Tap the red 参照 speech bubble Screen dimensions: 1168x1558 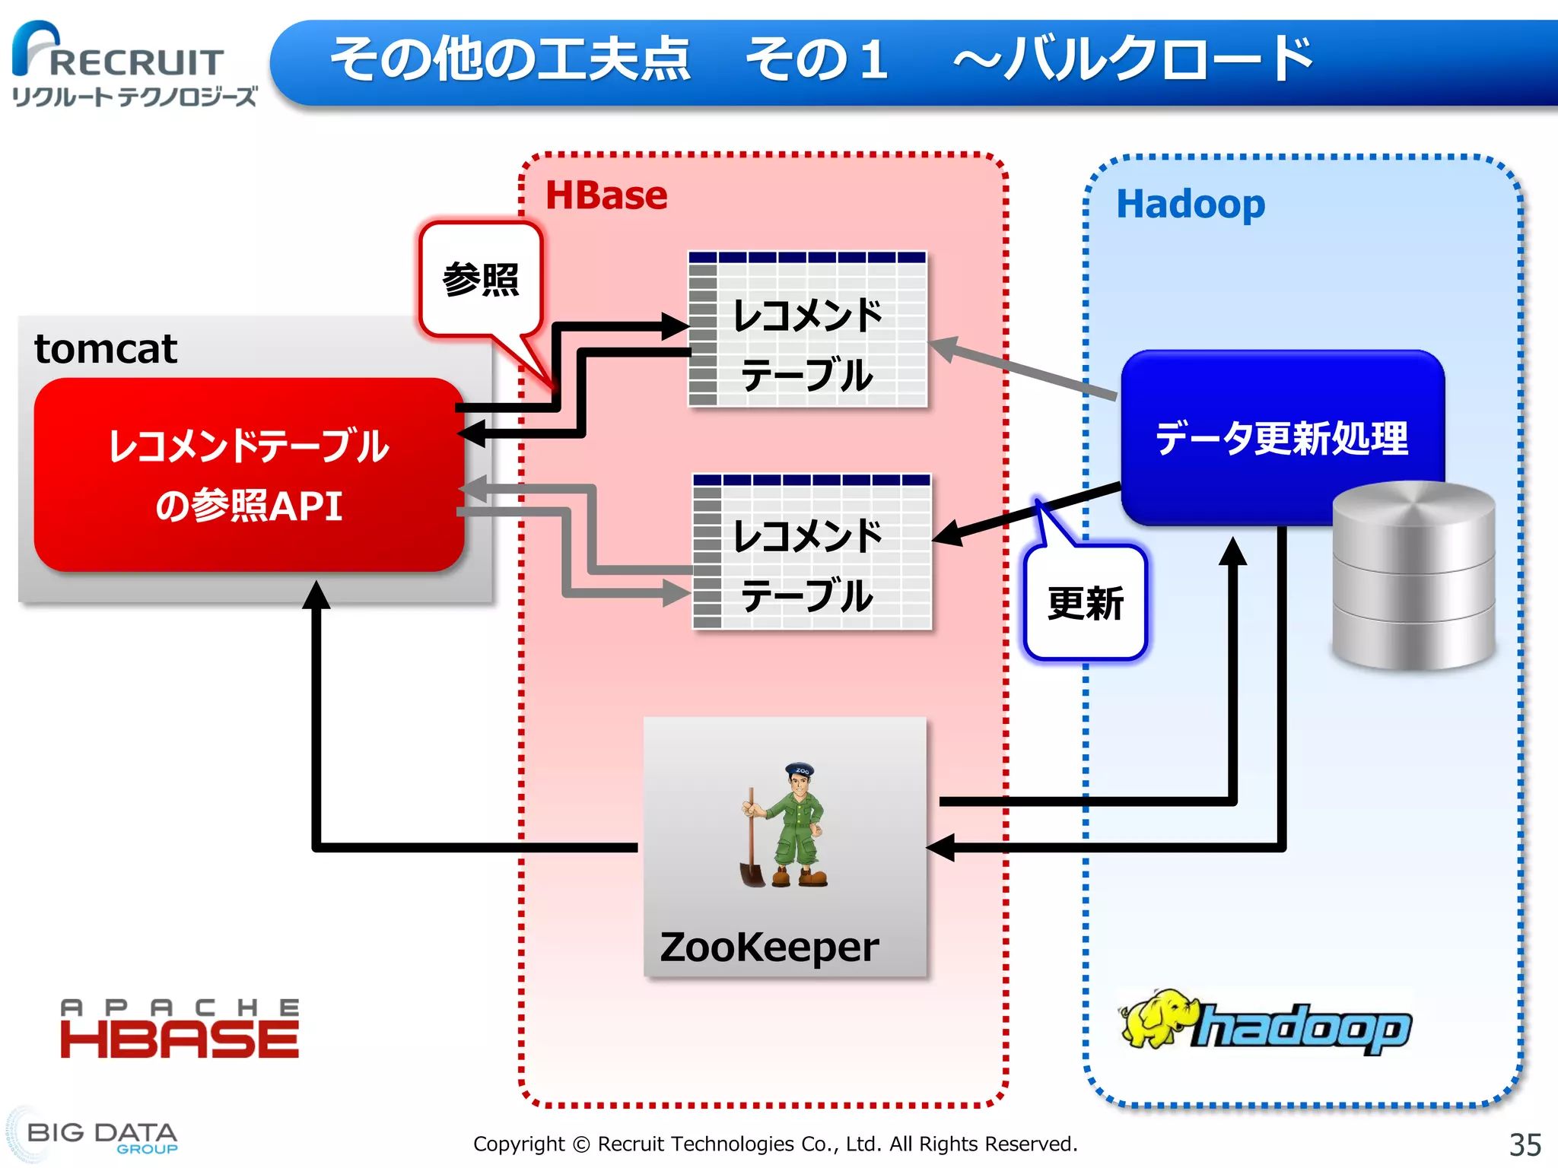(480, 280)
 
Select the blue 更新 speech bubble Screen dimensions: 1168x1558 (1085, 603)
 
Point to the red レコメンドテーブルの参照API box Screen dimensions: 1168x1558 (249, 474)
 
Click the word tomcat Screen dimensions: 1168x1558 (106, 349)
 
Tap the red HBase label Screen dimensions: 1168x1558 (606, 195)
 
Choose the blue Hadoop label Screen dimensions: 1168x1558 (1191, 204)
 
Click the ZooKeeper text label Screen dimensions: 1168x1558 (769, 947)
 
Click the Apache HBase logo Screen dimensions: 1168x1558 (180, 1030)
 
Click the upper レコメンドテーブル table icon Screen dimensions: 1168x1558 (807, 329)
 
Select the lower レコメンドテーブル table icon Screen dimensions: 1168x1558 (811, 551)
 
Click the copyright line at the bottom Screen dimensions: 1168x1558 (775, 1144)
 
